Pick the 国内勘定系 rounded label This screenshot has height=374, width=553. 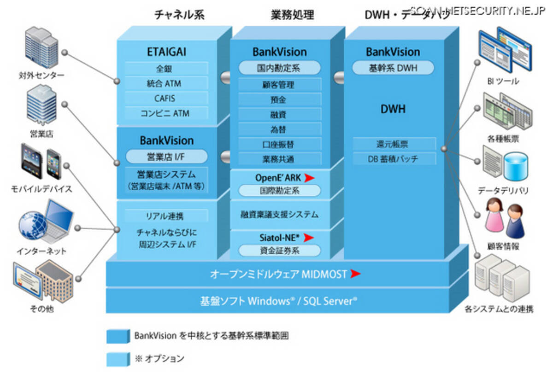[279, 68]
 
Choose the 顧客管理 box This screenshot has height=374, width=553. [279, 85]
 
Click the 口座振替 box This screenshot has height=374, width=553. [279, 144]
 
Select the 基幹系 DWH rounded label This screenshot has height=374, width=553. [393, 68]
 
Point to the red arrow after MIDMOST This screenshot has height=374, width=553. [355, 274]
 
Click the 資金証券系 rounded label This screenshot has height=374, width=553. [279, 251]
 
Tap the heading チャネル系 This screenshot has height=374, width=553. [179, 15]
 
